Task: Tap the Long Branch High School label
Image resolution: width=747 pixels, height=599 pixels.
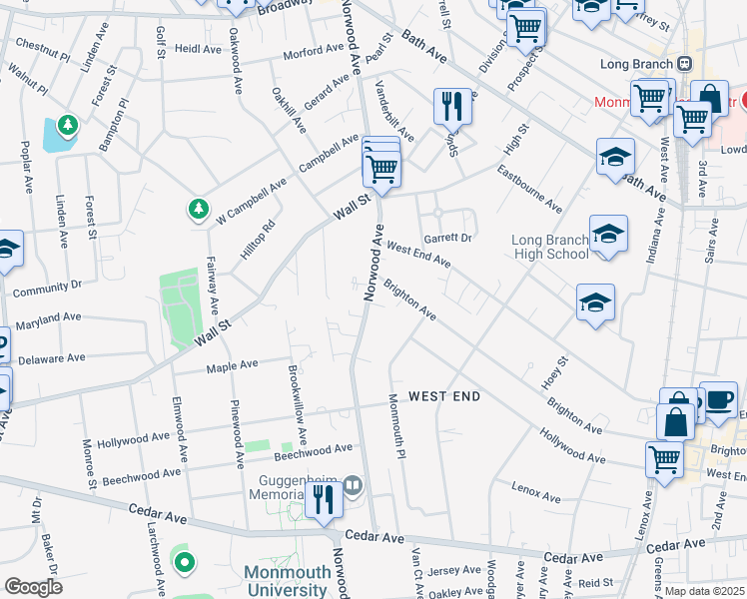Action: [x=549, y=247]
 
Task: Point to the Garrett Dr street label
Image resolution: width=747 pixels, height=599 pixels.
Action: [x=447, y=239]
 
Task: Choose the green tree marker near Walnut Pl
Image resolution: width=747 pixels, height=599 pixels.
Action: [x=67, y=126]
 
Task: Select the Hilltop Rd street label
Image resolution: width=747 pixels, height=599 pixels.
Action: [x=256, y=241]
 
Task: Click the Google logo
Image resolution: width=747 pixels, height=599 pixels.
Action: [x=33, y=587]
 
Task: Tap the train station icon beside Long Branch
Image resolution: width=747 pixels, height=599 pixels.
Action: [x=684, y=63]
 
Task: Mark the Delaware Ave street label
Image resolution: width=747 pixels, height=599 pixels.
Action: [x=52, y=357]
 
